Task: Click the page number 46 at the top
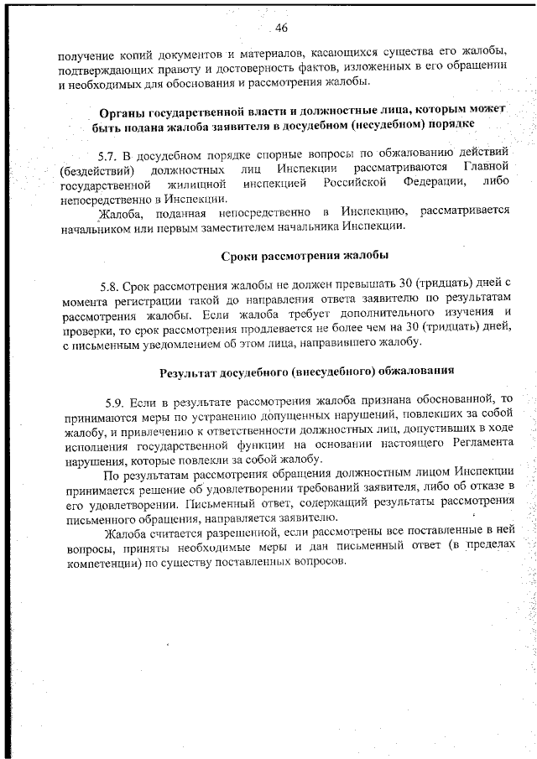click(x=281, y=29)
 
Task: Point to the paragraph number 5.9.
click(x=117, y=400)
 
